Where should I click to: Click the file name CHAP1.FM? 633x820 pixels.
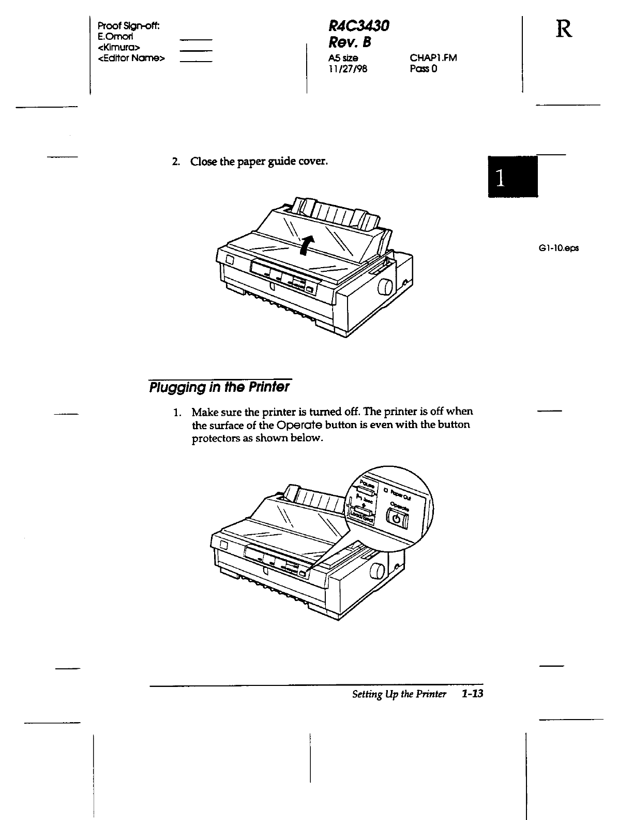pyautogui.click(x=433, y=58)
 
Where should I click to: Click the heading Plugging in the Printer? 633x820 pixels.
pyautogui.click(x=219, y=387)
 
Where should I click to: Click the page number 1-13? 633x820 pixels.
pyautogui.click(x=472, y=694)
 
